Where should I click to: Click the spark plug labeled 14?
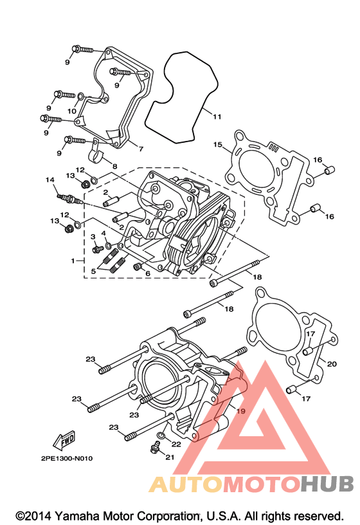pyautogui.click(x=69, y=198)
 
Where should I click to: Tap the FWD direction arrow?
pyautogui.click(x=64, y=440)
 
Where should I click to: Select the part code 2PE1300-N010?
pyautogui.click(x=67, y=458)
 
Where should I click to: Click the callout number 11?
pyautogui.click(x=217, y=116)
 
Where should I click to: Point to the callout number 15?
pyautogui.click(x=217, y=144)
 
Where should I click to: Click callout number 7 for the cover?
pyautogui.click(x=141, y=149)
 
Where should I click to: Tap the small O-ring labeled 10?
pyautogui.click(x=80, y=97)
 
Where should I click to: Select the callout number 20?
pyautogui.click(x=332, y=364)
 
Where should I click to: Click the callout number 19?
pyautogui.click(x=241, y=411)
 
